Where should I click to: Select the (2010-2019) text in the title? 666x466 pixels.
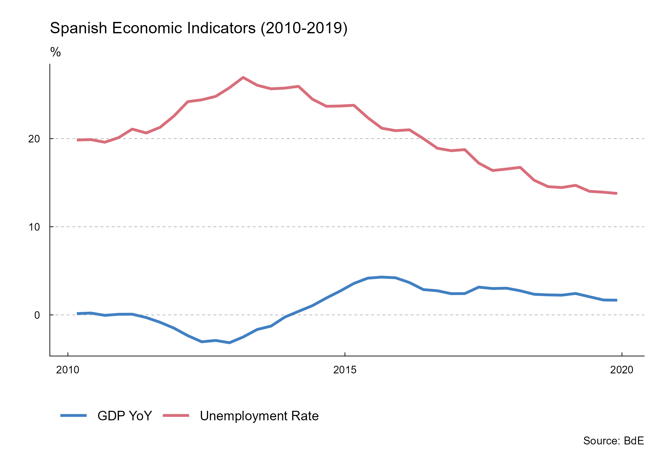coord(304,28)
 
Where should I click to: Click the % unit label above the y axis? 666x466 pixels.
coord(55,52)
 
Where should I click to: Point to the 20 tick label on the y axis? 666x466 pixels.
coord(34,139)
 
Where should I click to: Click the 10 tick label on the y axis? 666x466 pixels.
coord(34,227)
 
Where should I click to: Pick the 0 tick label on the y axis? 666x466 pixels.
coord(37,315)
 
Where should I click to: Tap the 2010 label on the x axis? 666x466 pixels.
coord(68,370)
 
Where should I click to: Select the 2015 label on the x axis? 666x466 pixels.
coord(345,370)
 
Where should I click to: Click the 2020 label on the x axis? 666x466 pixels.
coord(622,370)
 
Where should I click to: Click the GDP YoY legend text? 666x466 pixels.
coord(125,416)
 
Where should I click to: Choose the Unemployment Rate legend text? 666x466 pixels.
coord(259,416)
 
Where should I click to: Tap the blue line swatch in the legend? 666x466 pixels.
coord(74,416)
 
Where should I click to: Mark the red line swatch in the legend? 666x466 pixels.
coord(176,416)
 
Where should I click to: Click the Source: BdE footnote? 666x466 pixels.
coord(613,441)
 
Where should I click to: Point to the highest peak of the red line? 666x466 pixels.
coord(243,77)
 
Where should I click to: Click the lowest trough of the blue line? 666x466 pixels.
coord(229,343)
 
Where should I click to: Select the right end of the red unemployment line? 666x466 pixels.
coord(616,193)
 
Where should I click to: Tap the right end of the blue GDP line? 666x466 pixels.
coord(616,300)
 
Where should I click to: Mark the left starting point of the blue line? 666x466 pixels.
coord(78,313)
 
